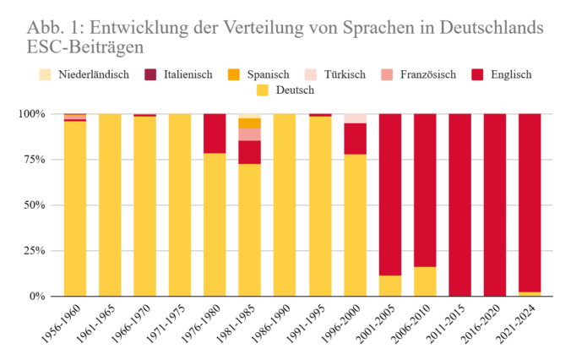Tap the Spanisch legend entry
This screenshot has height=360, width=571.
point(261,74)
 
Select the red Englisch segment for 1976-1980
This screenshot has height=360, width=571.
point(215,133)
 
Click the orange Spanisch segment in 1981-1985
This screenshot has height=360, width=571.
point(249,123)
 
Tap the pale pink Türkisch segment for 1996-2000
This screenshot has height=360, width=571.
point(355,117)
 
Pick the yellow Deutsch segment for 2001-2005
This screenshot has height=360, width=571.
point(389,286)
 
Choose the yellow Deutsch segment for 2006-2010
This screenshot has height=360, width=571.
point(425,281)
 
